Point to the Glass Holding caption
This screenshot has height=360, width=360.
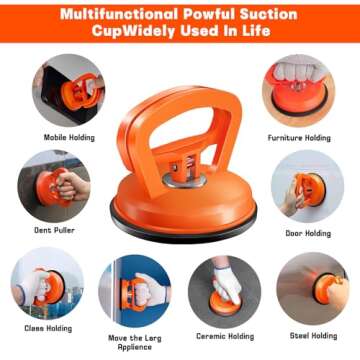(44, 327)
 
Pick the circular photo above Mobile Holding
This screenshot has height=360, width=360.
(66, 90)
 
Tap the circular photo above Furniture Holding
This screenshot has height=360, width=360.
(298, 90)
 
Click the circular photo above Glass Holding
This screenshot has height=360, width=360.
(46, 285)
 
